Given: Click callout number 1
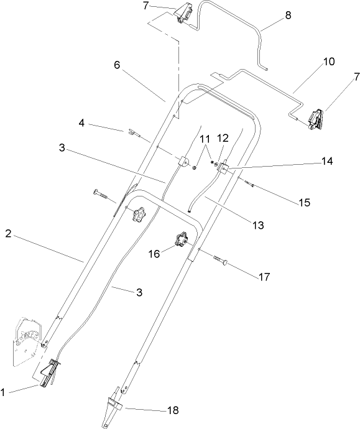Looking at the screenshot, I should tap(5, 392).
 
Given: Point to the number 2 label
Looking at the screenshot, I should tap(8, 235).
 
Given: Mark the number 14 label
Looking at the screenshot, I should tap(327, 161).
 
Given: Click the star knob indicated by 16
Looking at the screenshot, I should tap(183, 240).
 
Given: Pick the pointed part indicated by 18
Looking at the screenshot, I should tap(113, 405).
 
